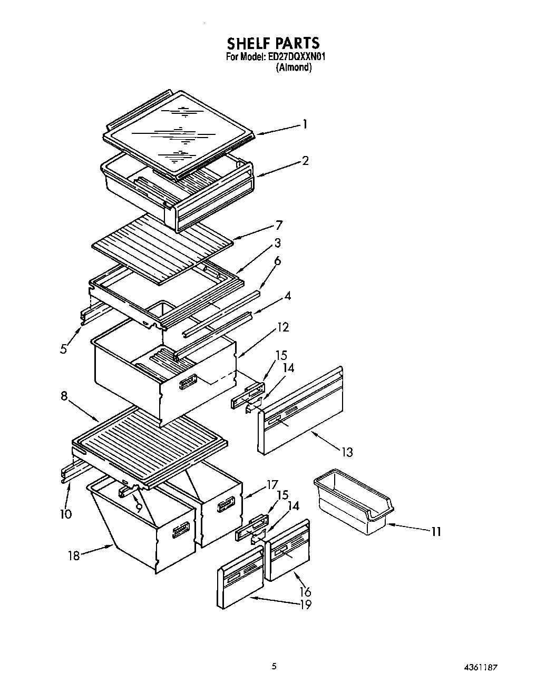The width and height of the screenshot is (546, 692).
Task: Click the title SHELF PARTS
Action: click(273, 43)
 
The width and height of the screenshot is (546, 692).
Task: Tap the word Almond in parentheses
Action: click(294, 67)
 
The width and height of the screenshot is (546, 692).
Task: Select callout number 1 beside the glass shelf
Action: click(304, 125)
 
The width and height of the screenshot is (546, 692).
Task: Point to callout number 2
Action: click(305, 161)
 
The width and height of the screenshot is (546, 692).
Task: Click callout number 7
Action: click(278, 226)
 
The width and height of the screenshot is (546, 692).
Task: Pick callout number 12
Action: click(283, 327)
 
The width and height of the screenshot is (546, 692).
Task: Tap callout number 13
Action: click(346, 452)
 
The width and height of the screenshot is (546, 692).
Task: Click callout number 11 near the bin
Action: click(435, 532)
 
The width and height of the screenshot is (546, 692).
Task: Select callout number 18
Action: click(74, 555)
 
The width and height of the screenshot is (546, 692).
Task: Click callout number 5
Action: click(63, 348)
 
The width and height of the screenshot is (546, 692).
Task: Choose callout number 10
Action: click(65, 513)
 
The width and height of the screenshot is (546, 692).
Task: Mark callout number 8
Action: click(64, 396)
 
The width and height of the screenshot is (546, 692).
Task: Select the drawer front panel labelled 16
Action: click(288, 550)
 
